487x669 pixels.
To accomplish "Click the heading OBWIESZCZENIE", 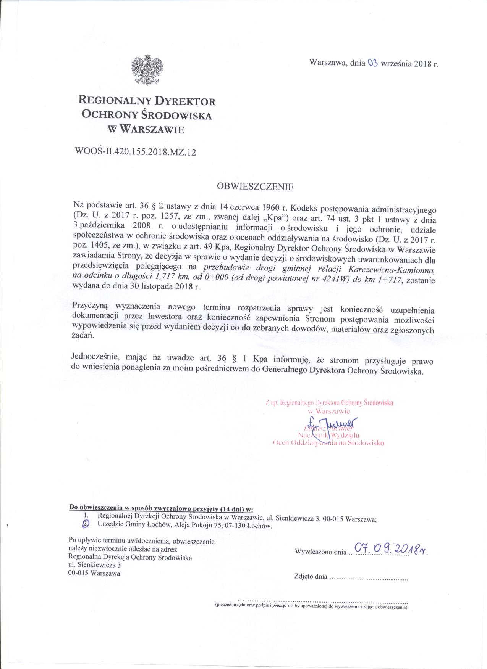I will point(255,187).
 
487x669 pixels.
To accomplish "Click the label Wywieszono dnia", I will point(320,552).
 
